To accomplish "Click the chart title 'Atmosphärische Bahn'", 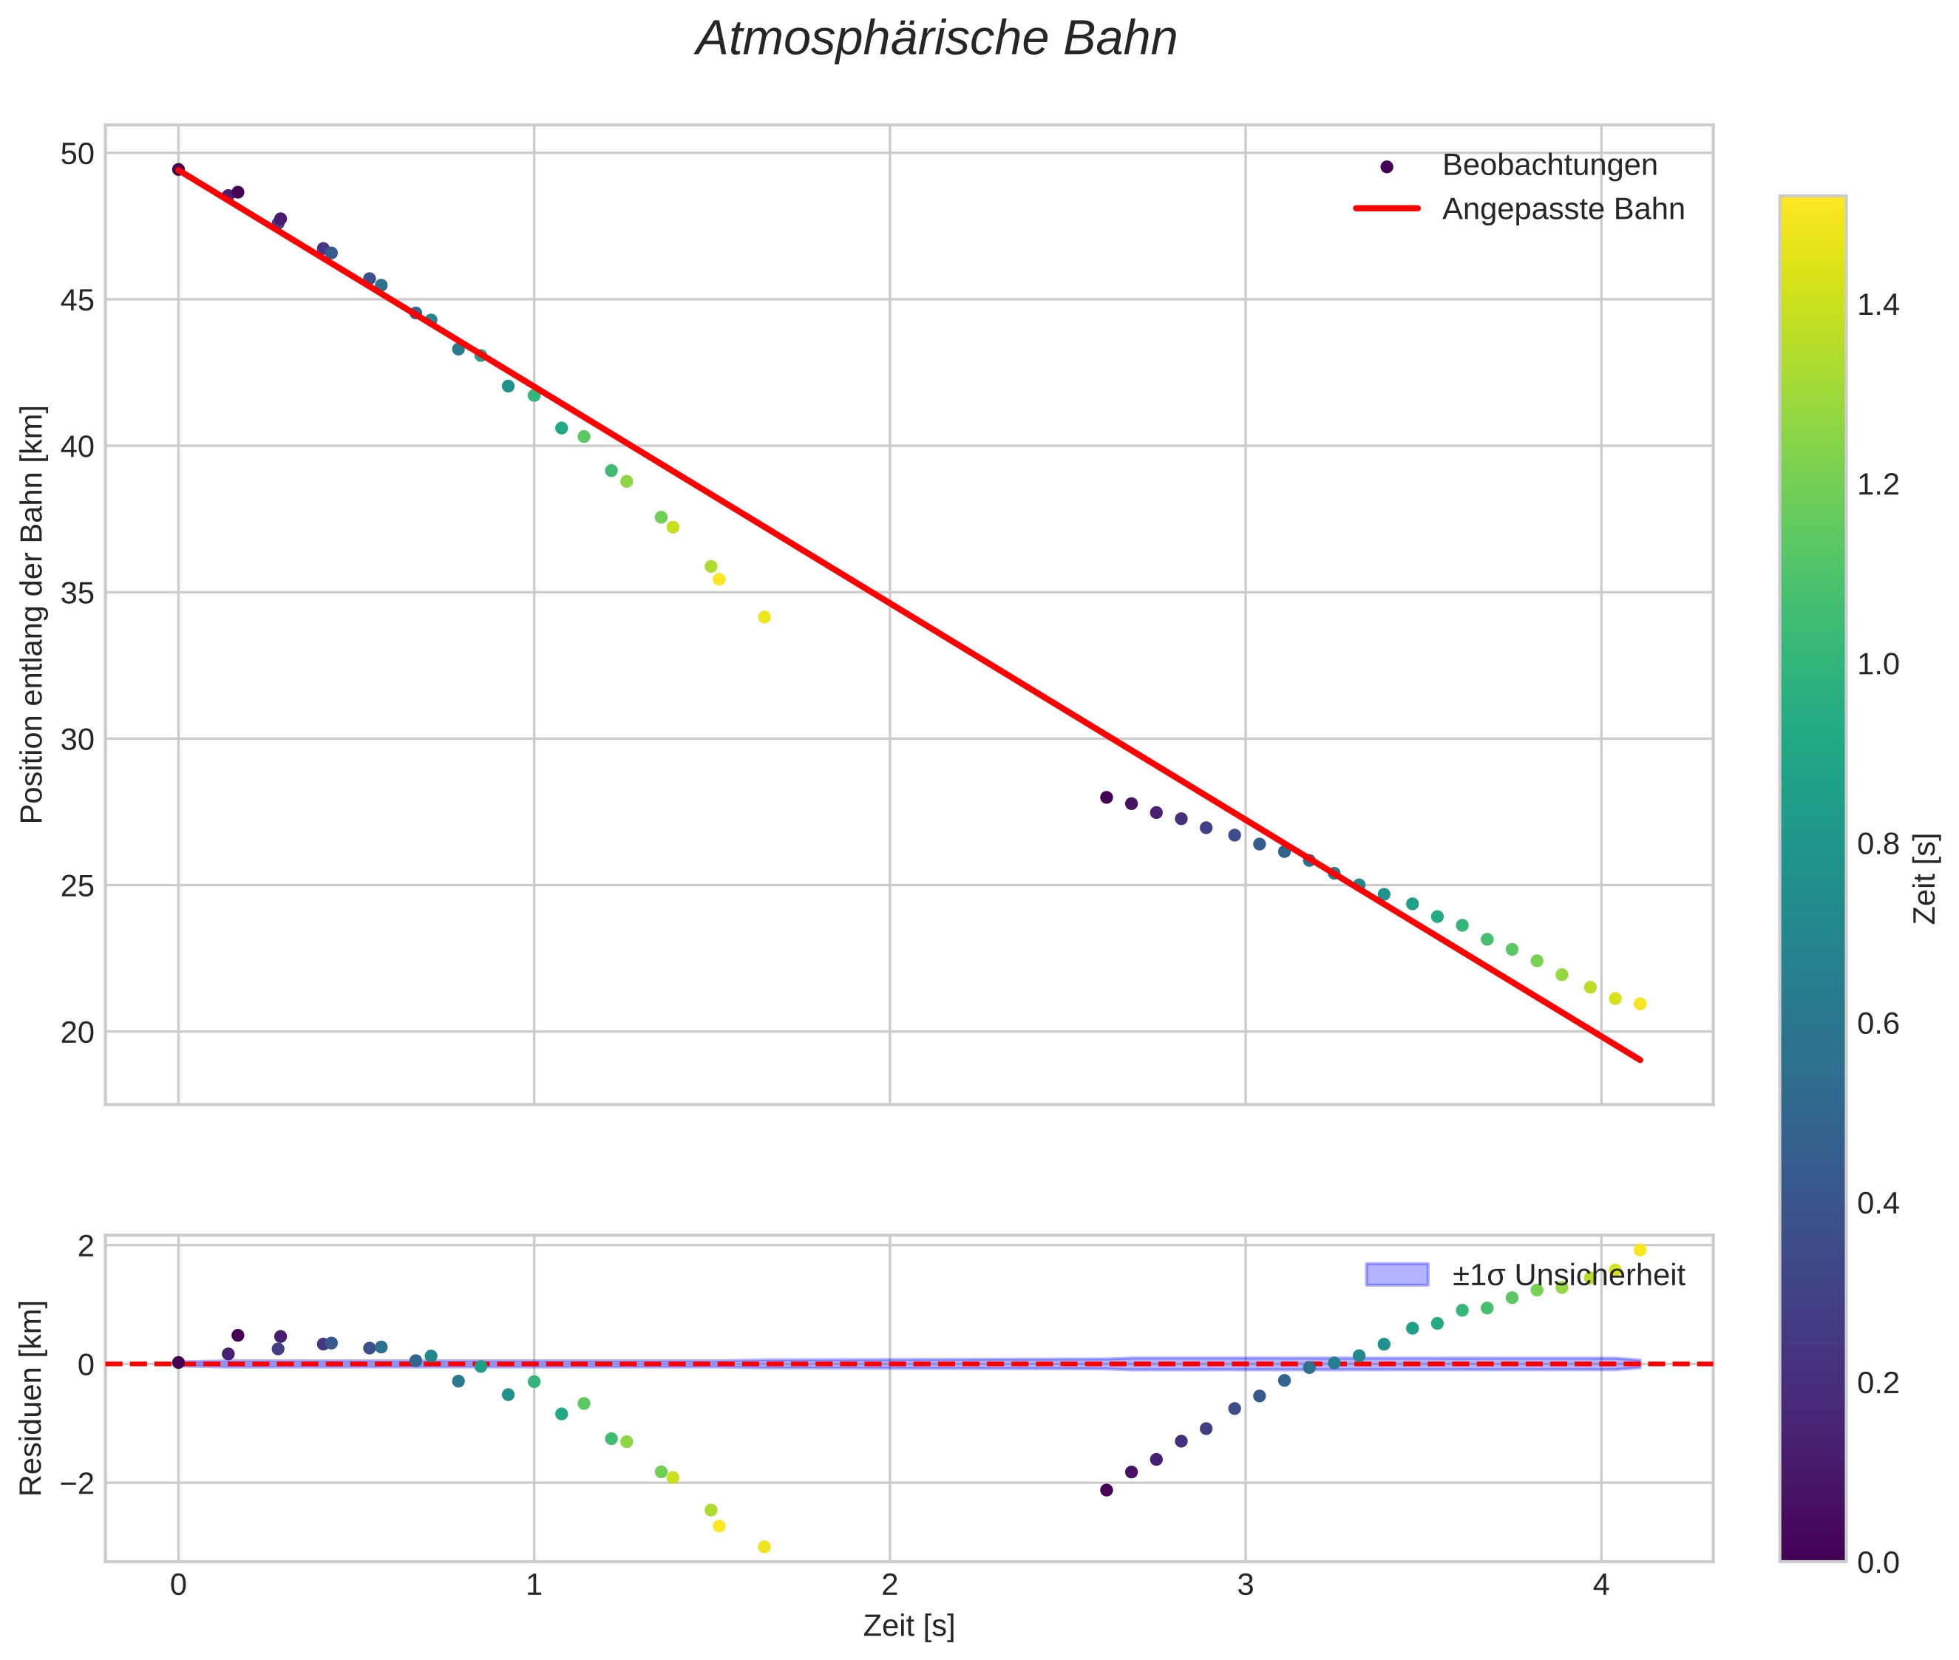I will [x=936, y=39].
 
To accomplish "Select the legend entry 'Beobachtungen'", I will [x=1549, y=166].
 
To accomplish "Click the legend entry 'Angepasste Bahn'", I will [x=1563, y=209].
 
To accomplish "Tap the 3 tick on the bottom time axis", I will [x=1246, y=1585].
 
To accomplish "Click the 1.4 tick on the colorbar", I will [x=1878, y=305].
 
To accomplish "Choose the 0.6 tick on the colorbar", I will [x=1878, y=1023].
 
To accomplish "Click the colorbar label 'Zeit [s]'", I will [x=1926, y=879].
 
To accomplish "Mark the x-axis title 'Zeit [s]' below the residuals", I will [x=909, y=1626].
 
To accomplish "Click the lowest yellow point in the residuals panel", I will [x=764, y=1547].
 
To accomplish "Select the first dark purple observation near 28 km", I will [x=1106, y=797].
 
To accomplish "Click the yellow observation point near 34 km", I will [x=764, y=617].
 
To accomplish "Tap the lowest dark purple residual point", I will [x=1106, y=1490].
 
